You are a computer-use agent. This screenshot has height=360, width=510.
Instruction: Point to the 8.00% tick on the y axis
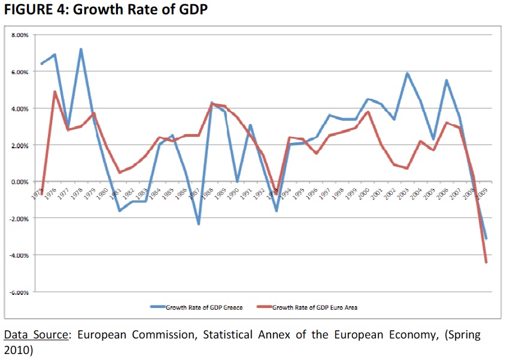click(x=20, y=35)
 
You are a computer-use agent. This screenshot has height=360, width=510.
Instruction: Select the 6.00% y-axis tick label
click(x=20, y=72)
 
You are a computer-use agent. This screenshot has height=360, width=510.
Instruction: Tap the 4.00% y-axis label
click(x=20, y=108)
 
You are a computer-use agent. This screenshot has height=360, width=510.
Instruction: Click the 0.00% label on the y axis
click(x=20, y=181)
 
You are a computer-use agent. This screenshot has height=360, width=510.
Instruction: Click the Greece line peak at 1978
click(x=81, y=50)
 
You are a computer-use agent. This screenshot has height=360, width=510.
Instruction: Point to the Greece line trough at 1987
click(x=198, y=224)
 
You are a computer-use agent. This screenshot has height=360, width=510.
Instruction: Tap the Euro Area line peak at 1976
click(x=55, y=92)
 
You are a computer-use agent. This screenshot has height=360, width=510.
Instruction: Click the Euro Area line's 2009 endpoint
click(x=486, y=262)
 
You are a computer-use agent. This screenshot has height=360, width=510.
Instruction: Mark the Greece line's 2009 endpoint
click(x=486, y=238)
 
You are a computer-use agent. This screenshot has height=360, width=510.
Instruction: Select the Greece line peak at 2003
click(x=408, y=74)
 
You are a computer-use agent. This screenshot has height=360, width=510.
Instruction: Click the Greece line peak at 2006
click(x=447, y=81)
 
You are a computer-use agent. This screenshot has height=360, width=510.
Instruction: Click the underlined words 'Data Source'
click(x=36, y=335)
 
